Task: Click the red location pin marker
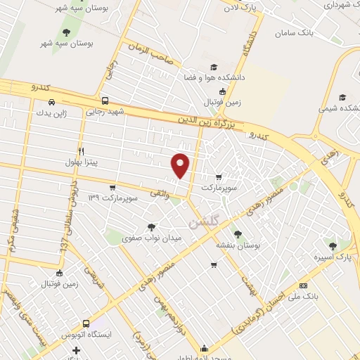[181, 165]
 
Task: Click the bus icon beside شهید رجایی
[105, 101]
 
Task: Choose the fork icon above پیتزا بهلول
[82, 151]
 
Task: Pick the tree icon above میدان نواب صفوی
[152, 226]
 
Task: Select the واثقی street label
[160, 191]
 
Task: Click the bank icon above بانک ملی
[303, 285]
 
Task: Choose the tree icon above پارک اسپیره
[332, 246]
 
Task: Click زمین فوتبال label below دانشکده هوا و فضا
[222, 103]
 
